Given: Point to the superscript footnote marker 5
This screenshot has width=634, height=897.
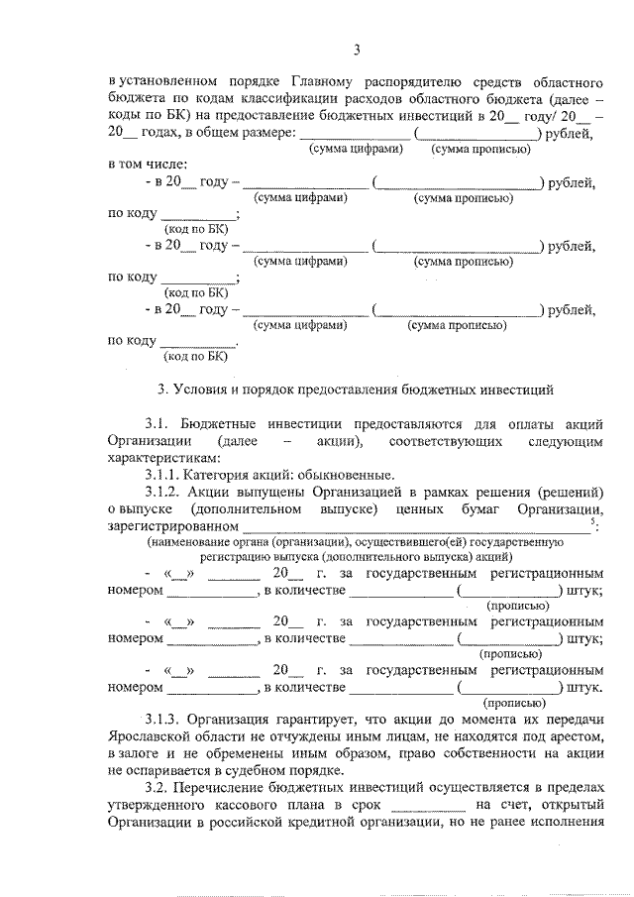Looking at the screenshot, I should pyautogui.click(x=591, y=521).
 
